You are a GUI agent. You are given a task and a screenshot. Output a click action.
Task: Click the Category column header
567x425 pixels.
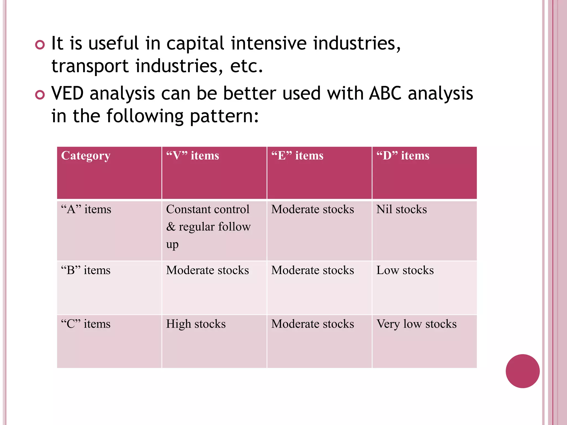click(x=86, y=156)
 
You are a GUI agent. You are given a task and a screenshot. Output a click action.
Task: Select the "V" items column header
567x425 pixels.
click(x=192, y=156)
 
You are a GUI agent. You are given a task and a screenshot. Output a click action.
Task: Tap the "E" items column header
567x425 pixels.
click(x=297, y=156)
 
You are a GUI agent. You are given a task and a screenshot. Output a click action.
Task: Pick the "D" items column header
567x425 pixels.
click(x=403, y=156)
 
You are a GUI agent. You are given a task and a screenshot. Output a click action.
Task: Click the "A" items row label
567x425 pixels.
click(x=86, y=209)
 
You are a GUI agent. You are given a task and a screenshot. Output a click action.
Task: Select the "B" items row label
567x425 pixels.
click(x=86, y=270)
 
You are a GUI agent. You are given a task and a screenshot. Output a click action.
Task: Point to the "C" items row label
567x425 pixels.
click(x=86, y=324)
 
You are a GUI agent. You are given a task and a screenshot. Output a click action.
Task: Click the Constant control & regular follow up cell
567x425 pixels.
click(x=208, y=227)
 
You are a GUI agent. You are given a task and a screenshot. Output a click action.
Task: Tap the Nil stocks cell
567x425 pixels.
click(x=401, y=209)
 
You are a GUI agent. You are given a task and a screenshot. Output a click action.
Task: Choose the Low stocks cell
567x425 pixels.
click(x=405, y=270)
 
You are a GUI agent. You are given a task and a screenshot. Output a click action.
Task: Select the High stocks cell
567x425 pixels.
click(x=196, y=324)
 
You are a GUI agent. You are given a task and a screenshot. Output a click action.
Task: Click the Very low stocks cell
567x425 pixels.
click(x=416, y=324)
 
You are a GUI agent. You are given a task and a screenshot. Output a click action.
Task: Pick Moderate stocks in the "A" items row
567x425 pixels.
click(x=312, y=209)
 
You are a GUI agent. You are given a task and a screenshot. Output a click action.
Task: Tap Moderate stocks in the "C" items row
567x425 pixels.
click(x=312, y=324)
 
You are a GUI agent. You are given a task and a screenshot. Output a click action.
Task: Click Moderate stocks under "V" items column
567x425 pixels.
click(x=207, y=270)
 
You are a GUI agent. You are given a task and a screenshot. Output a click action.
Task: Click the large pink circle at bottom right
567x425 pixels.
click(x=522, y=371)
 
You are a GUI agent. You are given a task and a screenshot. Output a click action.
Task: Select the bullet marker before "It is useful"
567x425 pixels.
click(x=40, y=45)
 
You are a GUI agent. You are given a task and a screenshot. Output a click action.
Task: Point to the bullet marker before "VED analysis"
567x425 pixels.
click(x=40, y=95)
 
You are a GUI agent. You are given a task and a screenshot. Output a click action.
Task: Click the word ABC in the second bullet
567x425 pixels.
click(x=385, y=93)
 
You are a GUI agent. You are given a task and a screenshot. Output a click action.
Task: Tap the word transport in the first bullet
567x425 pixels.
click(x=90, y=66)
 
